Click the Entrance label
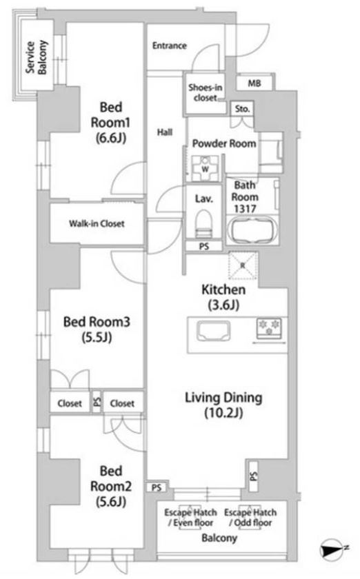(x=169, y=45)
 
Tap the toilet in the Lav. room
(x=204, y=224)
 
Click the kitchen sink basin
(x=213, y=331)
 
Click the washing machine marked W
(x=205, y=169)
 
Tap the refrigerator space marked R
(x=243, y=265)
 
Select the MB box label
(x=254, y=83)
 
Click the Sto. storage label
(x=243, y=109)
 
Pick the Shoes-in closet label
(x=205, y=92)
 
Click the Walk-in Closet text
(x=97, y=223)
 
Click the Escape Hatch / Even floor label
(x=191, y=518)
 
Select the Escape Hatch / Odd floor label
(x=250, y=518)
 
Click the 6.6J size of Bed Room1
(x=111, y=138)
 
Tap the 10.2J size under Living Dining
(x=223, y=413)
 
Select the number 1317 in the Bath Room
(x=245, y=209)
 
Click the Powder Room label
(x=224, y=143)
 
